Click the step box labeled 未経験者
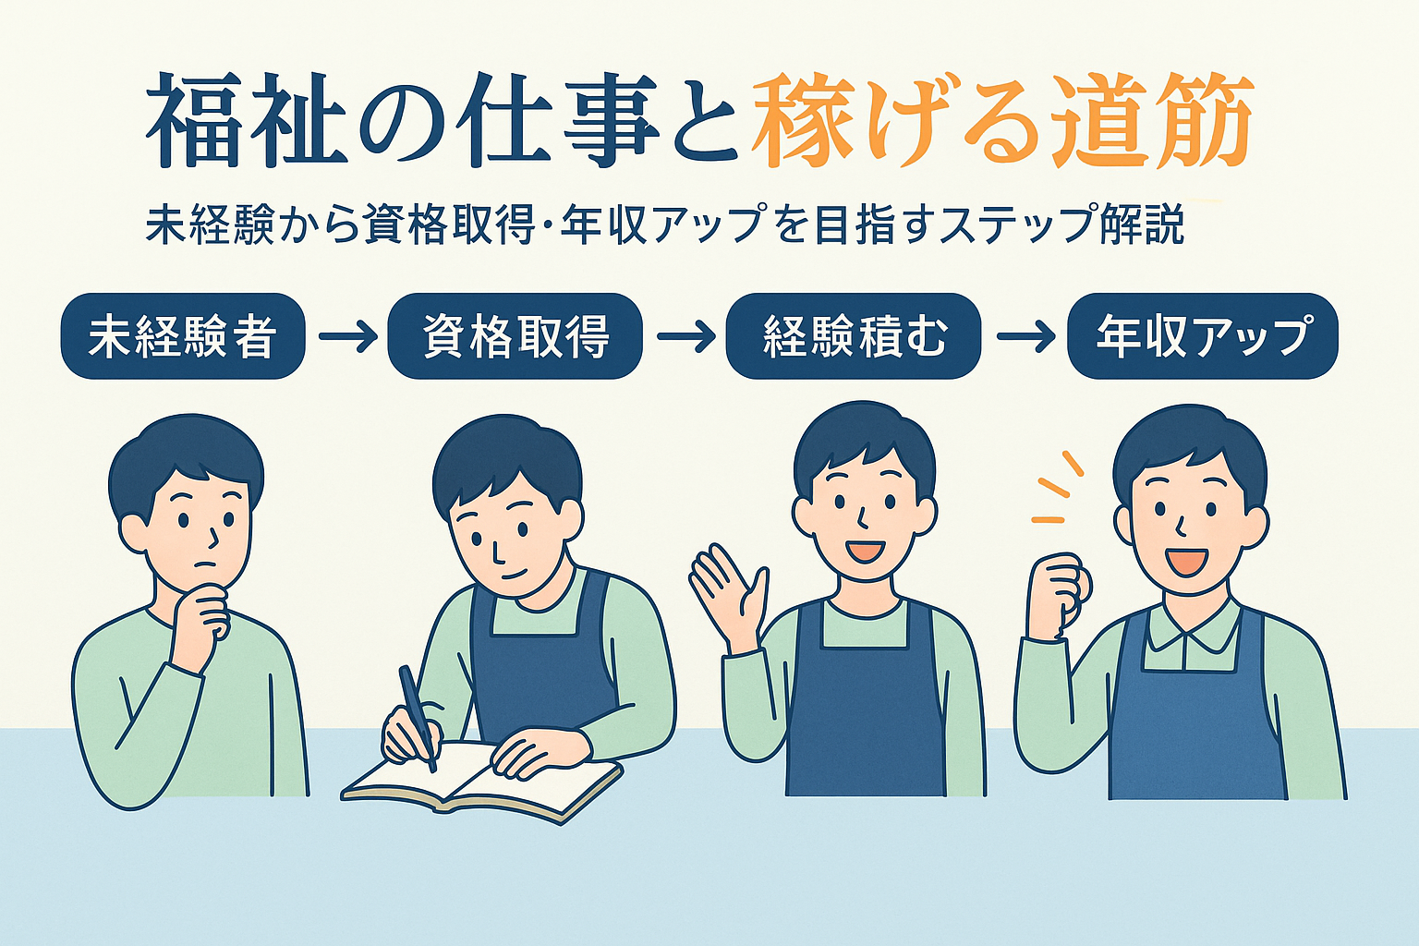(x=183, y=336)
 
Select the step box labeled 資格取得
(x=515, y=336)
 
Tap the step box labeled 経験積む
(x=854, y=336)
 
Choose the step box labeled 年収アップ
(x=1203, y=336)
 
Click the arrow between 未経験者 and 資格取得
(x=346, y=336)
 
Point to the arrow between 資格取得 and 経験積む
(x=685, y=336)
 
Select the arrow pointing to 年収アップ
(x=1025, y=336)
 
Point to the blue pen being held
(x=418, y=718)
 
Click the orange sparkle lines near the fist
(x=1058, y=488)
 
